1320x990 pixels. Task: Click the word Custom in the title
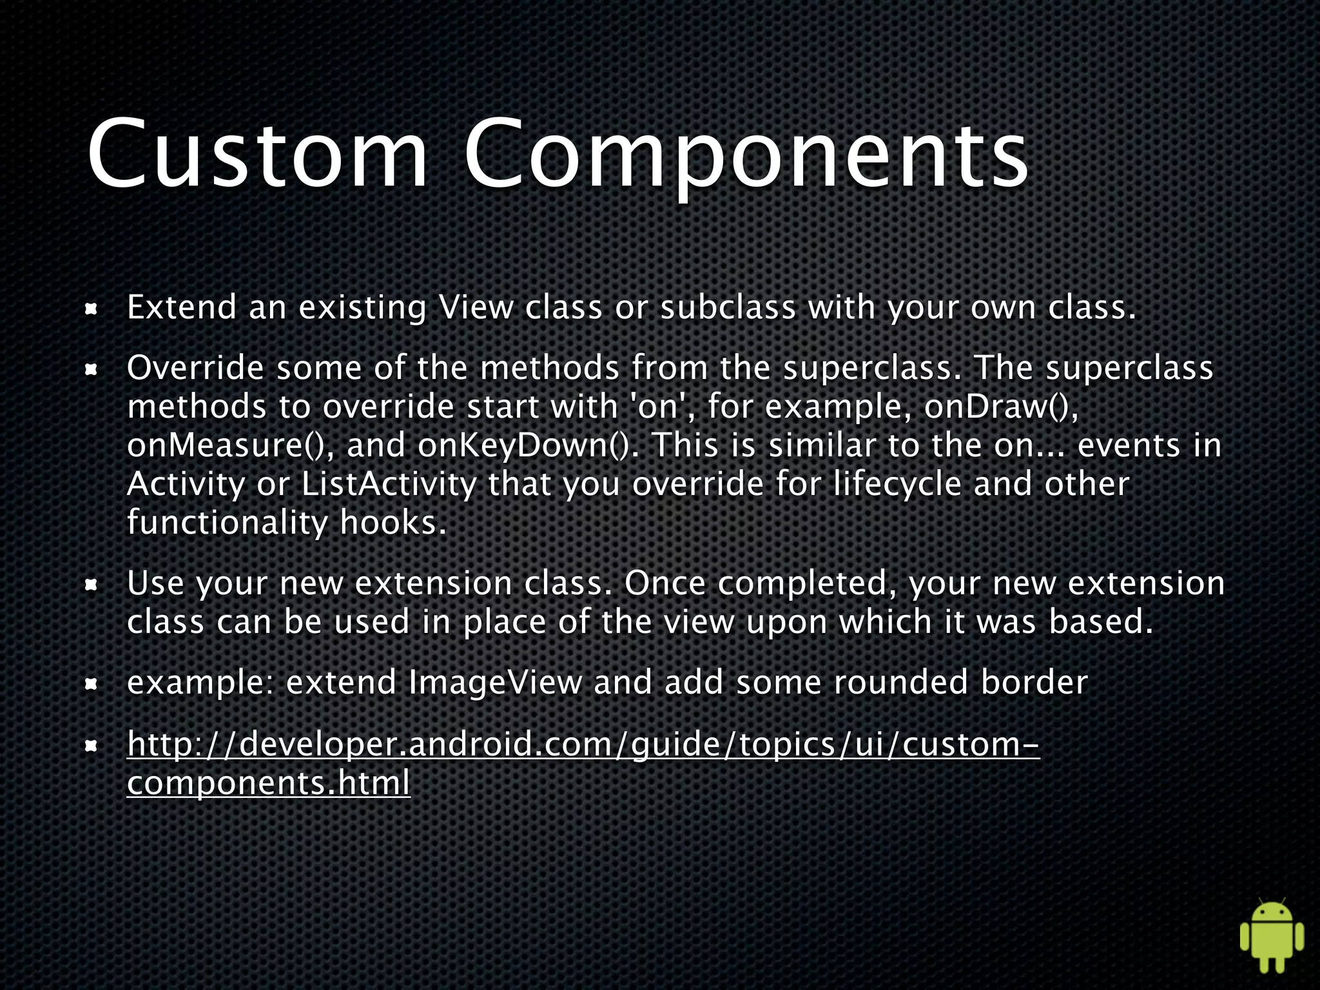[258, 155]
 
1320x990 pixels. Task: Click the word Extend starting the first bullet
[182, 307]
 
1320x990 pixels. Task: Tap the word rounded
[901, 683]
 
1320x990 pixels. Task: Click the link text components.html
[268, 784]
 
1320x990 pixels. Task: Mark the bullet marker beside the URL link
[92, 747]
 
